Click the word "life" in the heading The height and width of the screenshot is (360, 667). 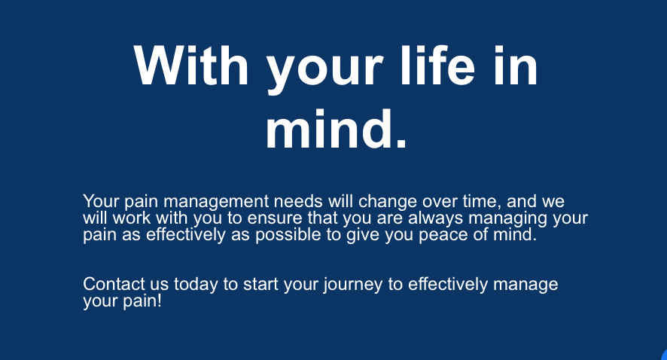point(437,66)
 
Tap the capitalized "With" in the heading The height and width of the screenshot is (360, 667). point(191,66)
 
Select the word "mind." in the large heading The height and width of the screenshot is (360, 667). point(336,128)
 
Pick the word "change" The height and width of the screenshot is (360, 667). point(388,202)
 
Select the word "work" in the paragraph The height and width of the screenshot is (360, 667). point(132,218)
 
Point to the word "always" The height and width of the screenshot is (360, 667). point(436,218)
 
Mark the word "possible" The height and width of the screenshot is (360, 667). point(288,235)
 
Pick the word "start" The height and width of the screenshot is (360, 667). point(260,284)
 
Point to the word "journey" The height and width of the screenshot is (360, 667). point(352,285)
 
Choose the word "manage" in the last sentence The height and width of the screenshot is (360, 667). point(525,285)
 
